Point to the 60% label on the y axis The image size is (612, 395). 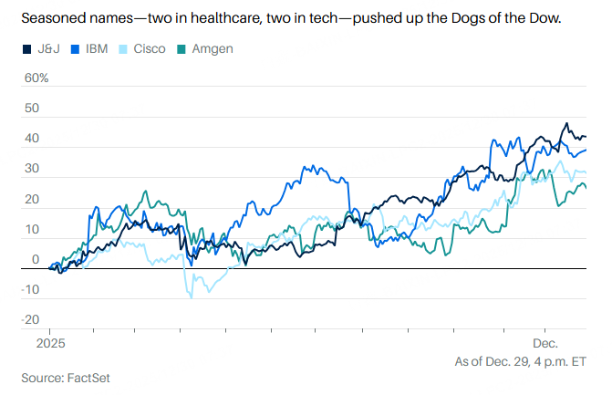(36, 78)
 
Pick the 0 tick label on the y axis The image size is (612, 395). (36, 259)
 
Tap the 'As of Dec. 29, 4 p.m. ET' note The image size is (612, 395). (520, 361)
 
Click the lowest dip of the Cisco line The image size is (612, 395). (192, 297)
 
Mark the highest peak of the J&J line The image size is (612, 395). (566, 123)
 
